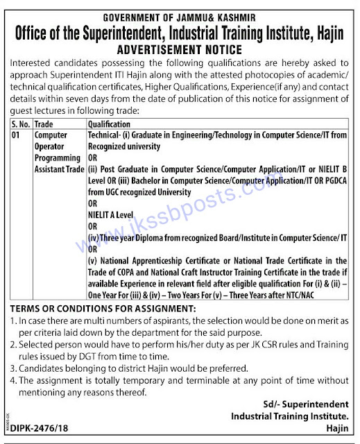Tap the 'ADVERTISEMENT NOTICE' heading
[180, 50]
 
